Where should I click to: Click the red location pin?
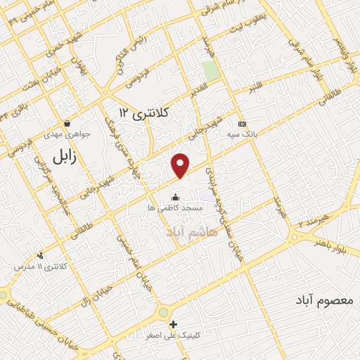point(181,165)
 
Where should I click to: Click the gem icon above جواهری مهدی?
point(67,122)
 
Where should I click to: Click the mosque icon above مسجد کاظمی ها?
point(175,197)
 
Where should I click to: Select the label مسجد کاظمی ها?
point(175,208)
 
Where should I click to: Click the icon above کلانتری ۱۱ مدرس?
point(41,255)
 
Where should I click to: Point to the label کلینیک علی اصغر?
point(173,335)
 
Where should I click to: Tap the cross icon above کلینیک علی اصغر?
point(173,324)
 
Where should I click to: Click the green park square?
point(210,71)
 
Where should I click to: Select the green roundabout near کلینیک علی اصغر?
point(164,311)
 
